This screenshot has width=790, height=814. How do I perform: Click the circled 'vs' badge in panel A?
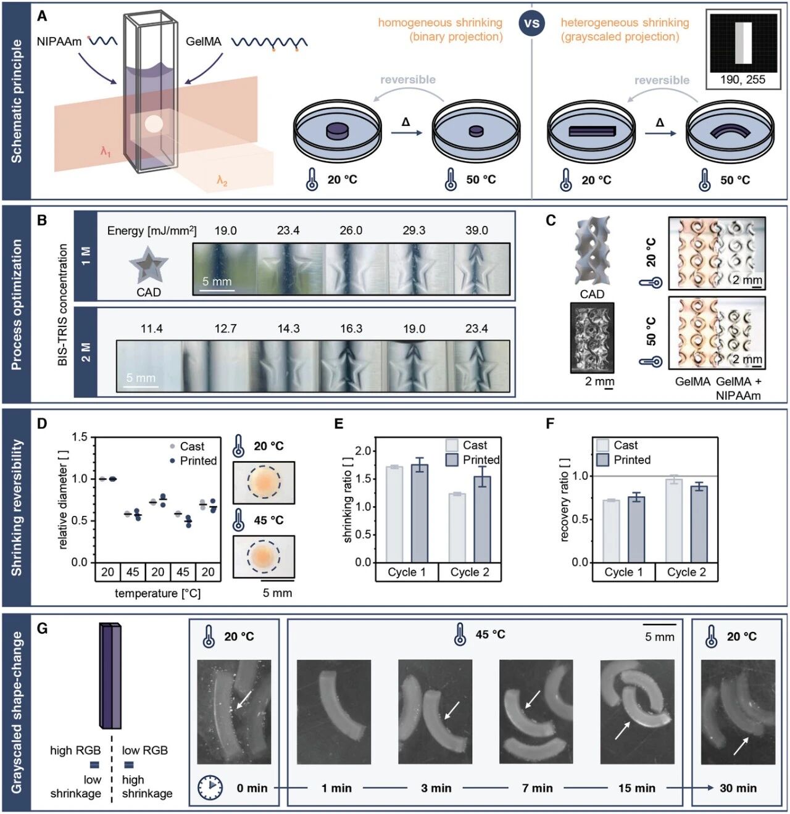click(531, 24)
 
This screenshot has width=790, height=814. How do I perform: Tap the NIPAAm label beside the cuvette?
click(59, 41)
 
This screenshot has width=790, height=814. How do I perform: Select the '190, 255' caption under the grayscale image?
click(742, 80)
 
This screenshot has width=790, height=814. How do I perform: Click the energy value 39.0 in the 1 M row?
click(476, 230)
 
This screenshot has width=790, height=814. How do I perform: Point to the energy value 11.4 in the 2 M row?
click(151, 328)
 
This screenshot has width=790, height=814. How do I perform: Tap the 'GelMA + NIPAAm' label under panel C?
click(738, 388)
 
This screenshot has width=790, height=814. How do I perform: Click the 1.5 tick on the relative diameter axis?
click(80, 437)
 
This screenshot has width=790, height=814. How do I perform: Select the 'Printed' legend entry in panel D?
click(197, 460)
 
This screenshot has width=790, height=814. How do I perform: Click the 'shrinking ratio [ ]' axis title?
click(348, 500)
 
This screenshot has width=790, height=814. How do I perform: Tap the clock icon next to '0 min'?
click(210, 787)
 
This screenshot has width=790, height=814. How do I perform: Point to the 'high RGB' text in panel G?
click(75, 750)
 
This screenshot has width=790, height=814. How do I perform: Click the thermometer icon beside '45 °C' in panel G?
click(460, 634)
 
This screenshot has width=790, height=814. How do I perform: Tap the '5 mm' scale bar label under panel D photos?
click(277, 593)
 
